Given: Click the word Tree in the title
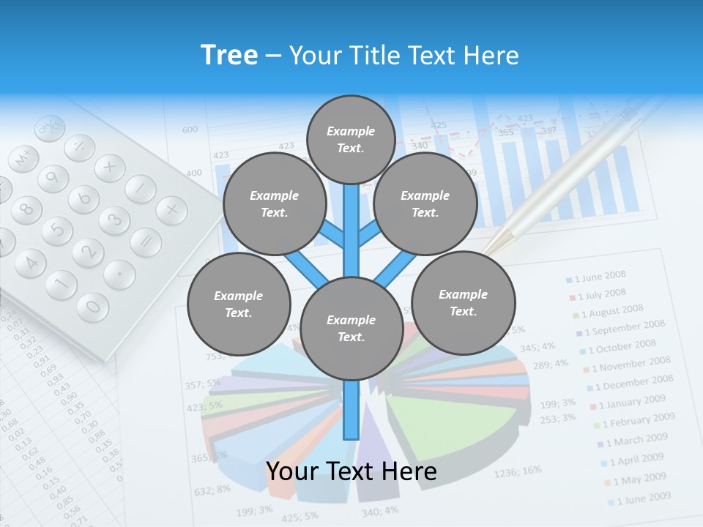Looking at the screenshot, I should coord(229,56).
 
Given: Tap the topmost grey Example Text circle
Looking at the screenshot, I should coord(351,139).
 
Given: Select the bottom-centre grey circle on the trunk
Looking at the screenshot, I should coord(351,329).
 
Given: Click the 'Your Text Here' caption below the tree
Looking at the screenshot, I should coord(351,472).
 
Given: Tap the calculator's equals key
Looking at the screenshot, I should coord(145,242).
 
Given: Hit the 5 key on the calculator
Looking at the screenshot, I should coord(56,231).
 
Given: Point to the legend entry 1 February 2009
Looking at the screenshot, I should coord(633,421).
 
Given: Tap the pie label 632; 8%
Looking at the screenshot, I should coord(212,489).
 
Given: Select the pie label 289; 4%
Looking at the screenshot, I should coord(550,364).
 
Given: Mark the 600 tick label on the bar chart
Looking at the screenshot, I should coord(190,130).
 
